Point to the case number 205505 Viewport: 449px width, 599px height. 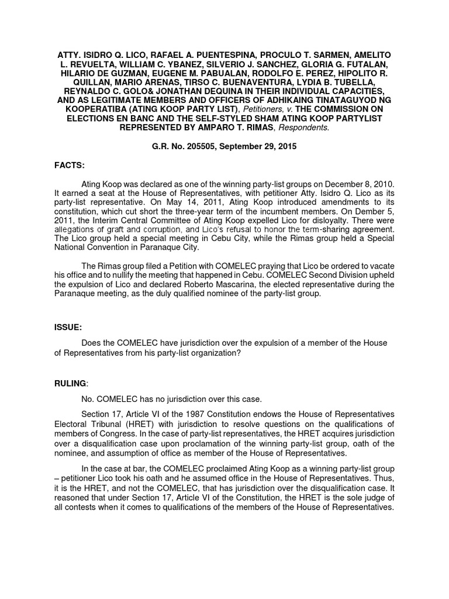click(x=195, y=147)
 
